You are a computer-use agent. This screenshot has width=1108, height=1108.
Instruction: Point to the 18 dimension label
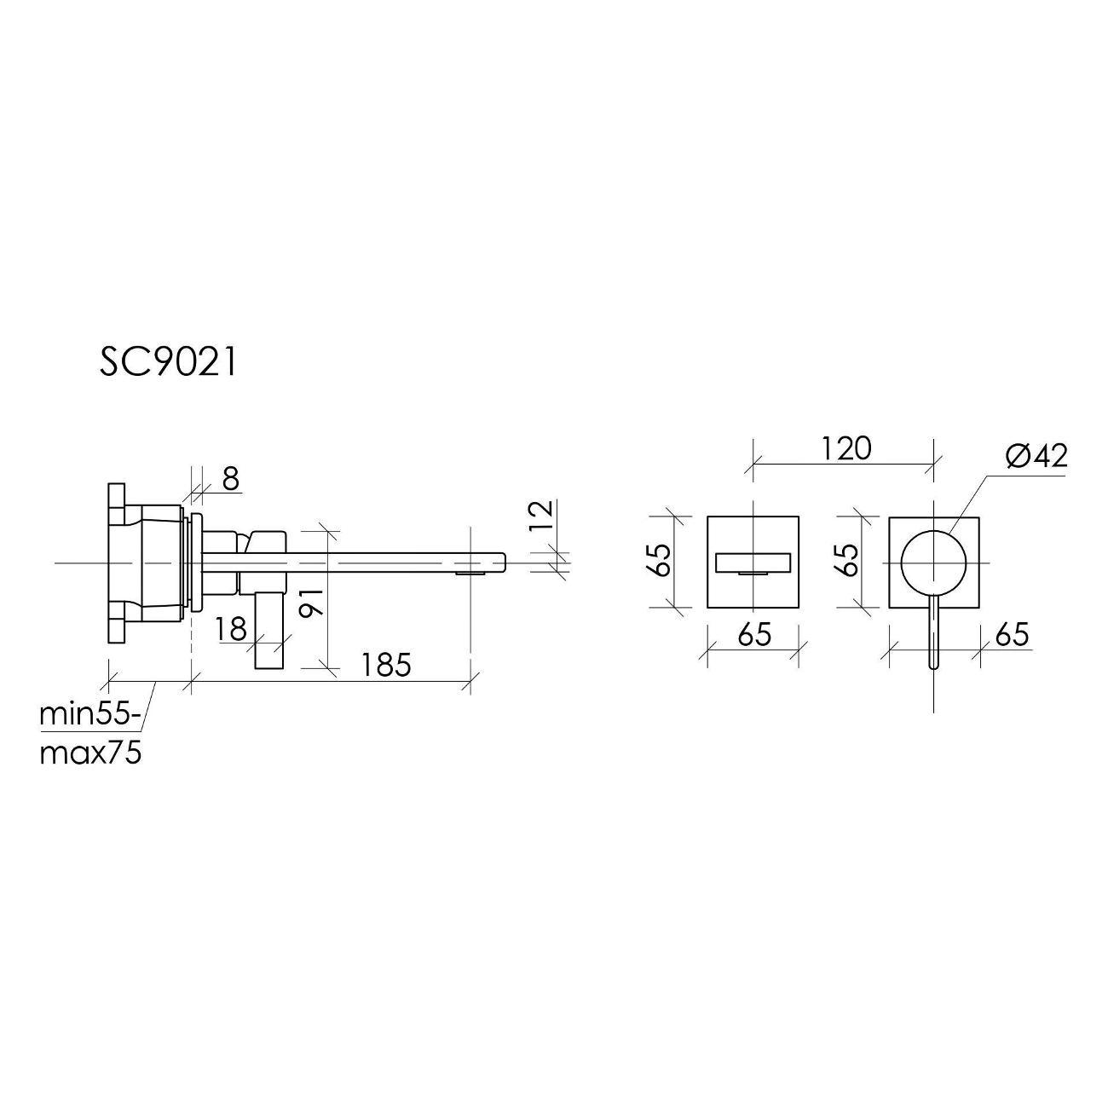(230, 629)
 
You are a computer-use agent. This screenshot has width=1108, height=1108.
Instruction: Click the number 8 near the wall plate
(230, 480)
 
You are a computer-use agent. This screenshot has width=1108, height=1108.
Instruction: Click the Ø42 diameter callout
(1036, 457)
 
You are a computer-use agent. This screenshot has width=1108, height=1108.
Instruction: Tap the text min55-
(89, 713)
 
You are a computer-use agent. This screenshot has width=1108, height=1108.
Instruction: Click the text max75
(89, 753)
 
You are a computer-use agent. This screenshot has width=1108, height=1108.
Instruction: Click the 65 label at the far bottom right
(1011, 635)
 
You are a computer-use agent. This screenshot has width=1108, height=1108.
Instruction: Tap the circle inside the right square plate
(935, 562)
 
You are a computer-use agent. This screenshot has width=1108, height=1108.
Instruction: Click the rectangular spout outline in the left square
(753, 563)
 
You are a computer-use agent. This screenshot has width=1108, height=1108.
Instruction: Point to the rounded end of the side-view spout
(501, 562)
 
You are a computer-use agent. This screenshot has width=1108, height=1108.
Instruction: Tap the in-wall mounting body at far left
(145, 562)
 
